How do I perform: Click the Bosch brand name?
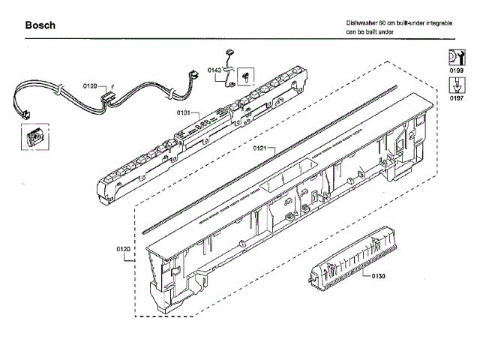(x=40, y=26)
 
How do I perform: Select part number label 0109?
(x=90, y=86)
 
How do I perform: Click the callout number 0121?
(x=260, y=148)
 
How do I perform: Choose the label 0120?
(x=124, y=248)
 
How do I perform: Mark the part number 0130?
(x=378, y=277)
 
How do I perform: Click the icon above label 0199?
(x=456, y=55)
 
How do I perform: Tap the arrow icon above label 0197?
(x=456, y=84)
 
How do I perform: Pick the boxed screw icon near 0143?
(x=246, y=76)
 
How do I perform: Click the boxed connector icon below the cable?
(x=31, y=138)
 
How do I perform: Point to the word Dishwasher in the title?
(x=362, y=24)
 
